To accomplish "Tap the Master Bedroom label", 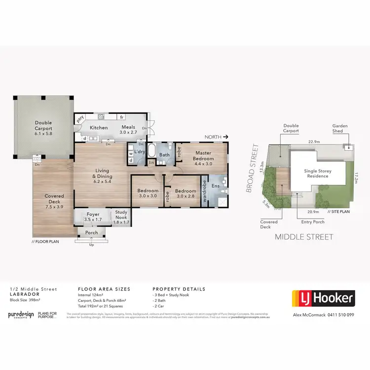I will click(x=203, y=155).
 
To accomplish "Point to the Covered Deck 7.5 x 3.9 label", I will click(x=54, y=199).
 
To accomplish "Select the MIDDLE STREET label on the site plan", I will click(x=304, y=237).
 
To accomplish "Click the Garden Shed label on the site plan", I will click(x=340, y=129).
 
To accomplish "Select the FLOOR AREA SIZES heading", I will click(x=104, y=289).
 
